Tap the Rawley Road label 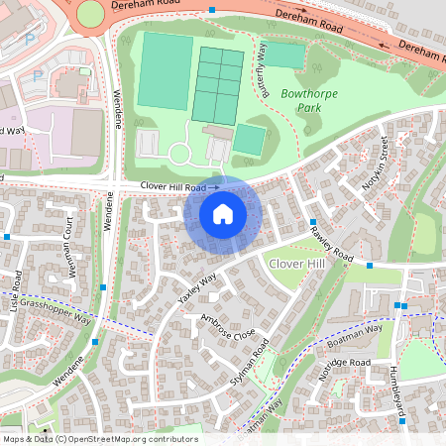(x=331, y=244)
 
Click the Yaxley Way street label (x=197, y=287)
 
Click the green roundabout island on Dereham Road (x=90, y=14)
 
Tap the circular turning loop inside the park (x=181, y=155)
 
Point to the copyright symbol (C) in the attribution (x=61, y=439)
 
